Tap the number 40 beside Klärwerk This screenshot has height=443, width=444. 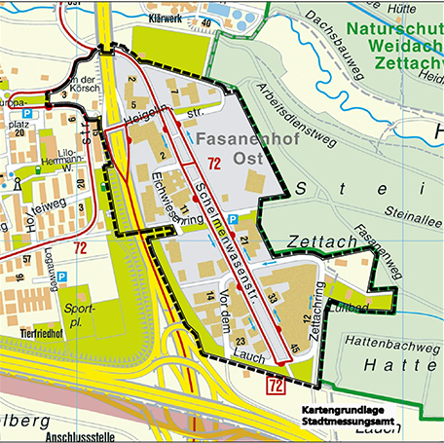205,22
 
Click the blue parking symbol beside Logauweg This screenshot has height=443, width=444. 61,277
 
